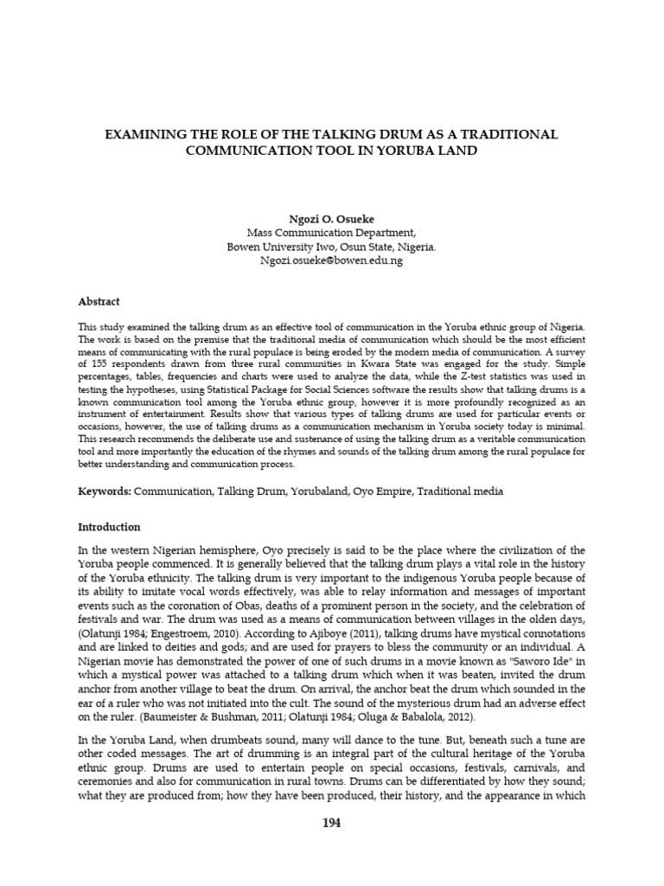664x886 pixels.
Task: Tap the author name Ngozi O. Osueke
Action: coord(331,219)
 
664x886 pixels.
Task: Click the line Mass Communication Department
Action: coord(331,233)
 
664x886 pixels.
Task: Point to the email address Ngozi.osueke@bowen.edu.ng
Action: coord(331,260)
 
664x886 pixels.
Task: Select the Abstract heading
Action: coord(99,302)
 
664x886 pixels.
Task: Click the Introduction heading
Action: coord(109,527)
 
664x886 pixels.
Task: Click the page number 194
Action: coord(331,823)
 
